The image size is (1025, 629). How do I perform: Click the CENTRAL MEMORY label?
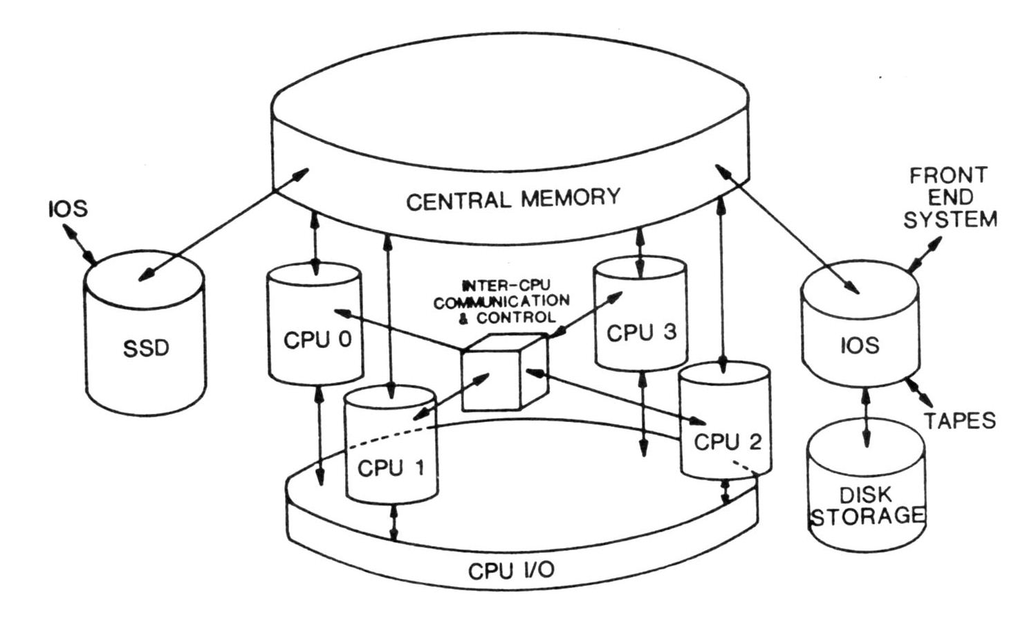click(512, 199)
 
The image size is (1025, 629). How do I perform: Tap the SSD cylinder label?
click(146, 347)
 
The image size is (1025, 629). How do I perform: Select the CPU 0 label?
click(317, 340)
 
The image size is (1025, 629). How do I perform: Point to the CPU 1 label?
click(391, 468)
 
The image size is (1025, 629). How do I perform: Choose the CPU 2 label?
click(727, 441)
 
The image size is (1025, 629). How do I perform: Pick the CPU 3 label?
click(641, 333)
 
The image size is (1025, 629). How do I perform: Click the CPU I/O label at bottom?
click(511, 571)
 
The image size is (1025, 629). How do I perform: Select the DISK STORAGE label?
click(867, 506)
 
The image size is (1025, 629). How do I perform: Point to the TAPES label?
click(960, 420)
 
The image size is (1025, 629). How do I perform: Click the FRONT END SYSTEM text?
click(950, 197)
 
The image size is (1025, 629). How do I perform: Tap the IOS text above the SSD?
click(68, 208)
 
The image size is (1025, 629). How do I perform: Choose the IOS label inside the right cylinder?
click(860, 345)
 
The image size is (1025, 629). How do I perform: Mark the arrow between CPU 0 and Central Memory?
click(317, 242)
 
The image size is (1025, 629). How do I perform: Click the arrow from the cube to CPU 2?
click(616, 397)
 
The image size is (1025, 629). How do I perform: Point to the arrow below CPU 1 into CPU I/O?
click(394, 523)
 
